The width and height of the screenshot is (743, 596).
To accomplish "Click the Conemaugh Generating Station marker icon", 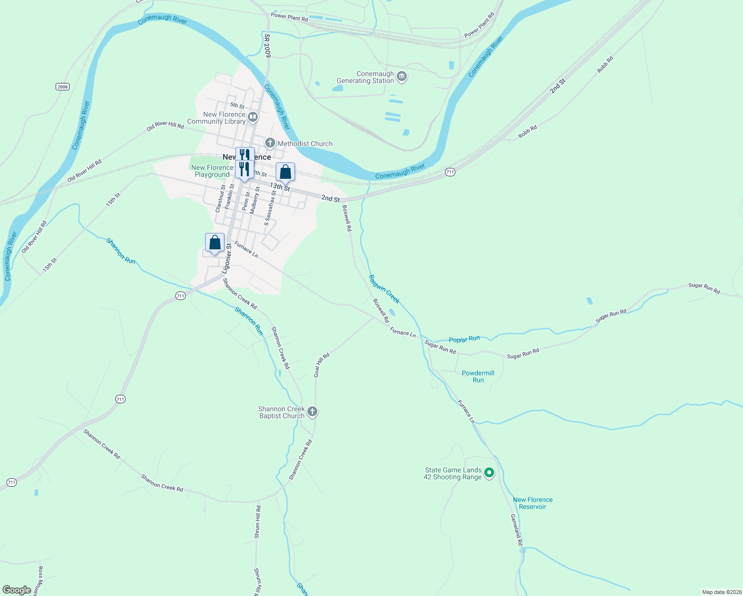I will (402, 77).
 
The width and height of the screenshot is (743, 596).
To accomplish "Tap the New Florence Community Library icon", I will (253, 118).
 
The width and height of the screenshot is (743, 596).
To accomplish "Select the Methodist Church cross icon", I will (270, 144).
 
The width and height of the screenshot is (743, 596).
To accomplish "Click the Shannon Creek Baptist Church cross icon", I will (312, 412).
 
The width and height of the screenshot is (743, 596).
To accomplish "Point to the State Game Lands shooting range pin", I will (489, 473).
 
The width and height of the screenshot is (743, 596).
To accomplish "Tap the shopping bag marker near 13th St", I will (285, 172).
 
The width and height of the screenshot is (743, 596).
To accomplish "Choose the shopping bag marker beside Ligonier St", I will (215, 243).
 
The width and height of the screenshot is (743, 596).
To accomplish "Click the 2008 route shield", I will (62, 87).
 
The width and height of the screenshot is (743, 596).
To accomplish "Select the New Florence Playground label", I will (212, 171).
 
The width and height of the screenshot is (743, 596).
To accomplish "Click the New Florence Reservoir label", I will (532, 503).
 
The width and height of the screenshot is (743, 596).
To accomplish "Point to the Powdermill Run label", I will (478, 376).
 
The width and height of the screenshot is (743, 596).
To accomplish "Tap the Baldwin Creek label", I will (384, 289).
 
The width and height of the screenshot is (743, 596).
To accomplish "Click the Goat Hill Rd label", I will (322, 365).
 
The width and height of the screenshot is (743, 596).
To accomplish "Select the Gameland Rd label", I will (517, 530).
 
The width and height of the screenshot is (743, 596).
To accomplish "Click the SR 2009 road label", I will (267, 45).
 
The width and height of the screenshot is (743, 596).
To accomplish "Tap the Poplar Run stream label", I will (464, 339).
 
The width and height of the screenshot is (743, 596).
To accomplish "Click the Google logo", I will (16, 590).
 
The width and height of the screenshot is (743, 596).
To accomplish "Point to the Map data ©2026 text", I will (721, 592).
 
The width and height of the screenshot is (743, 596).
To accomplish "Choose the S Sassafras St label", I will (270, 208).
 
